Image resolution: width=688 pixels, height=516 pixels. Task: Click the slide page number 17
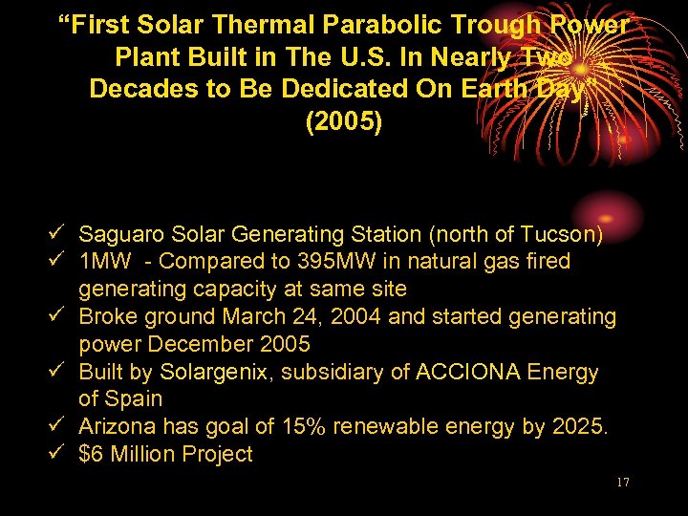pos(622,483)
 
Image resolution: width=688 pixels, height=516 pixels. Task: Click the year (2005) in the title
pos(343,123)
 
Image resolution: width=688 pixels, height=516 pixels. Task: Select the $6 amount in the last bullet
pos(92,454)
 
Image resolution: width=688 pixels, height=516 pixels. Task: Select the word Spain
pos(135,398)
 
